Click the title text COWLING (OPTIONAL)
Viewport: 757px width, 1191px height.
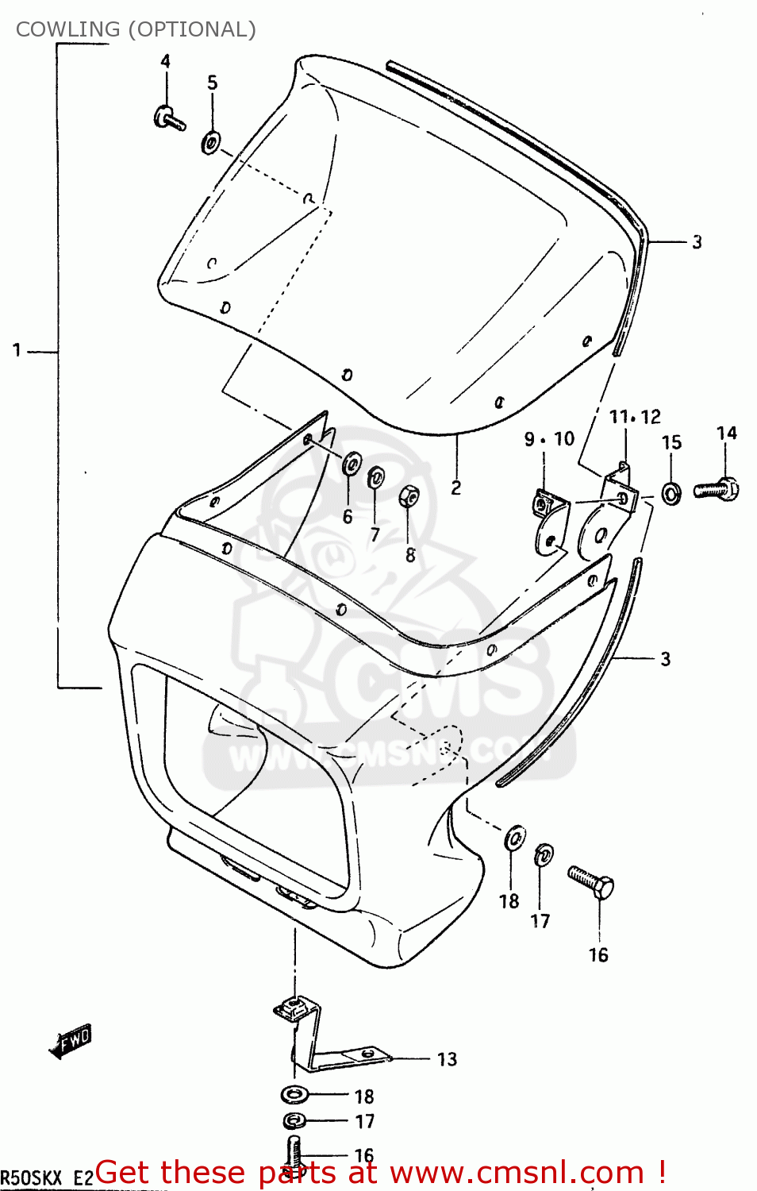[x=136, y=29]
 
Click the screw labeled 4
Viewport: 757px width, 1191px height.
[x=169, y=119]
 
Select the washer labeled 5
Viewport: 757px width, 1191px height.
[x=211, y=143]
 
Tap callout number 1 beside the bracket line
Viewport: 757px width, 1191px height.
[x=17, y=350]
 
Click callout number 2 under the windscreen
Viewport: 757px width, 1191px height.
[x=456, y=488]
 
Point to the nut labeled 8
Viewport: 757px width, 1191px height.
[x=409, y=497]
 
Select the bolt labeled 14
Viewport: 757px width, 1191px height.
[x=717, y=488]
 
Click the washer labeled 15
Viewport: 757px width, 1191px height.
[x=671, y=495]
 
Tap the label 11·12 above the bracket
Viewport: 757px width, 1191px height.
[x=634, y=417]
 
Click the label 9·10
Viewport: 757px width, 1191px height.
[x=549, y=439]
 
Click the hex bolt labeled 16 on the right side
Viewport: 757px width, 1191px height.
[x=592, y=882]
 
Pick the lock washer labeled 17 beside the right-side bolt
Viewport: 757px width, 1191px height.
[x=544, y=855]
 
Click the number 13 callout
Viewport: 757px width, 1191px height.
[x=447, y=1059]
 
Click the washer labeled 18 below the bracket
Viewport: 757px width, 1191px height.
[x=296, y=1095]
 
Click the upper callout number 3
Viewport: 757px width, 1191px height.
[x=697, y=242]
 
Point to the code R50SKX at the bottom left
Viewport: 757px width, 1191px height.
[x=30, y=1178]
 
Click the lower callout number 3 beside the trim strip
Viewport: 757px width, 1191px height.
[x=665, y=659]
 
